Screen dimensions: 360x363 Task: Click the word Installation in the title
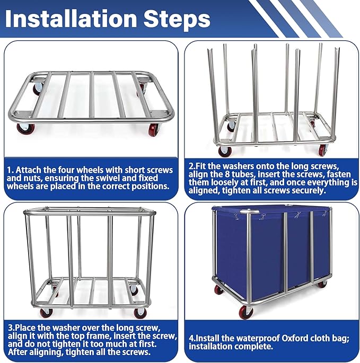coord(71,19)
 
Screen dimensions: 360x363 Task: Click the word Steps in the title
coord(177,20)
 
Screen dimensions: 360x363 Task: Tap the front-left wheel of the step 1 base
coord(25,129)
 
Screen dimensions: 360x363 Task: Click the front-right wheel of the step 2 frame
coord(323,150)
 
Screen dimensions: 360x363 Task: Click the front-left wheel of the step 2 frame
coord(224,151)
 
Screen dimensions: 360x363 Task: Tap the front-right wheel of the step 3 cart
coord(141,313)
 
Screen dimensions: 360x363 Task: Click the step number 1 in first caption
coord(10,170)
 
